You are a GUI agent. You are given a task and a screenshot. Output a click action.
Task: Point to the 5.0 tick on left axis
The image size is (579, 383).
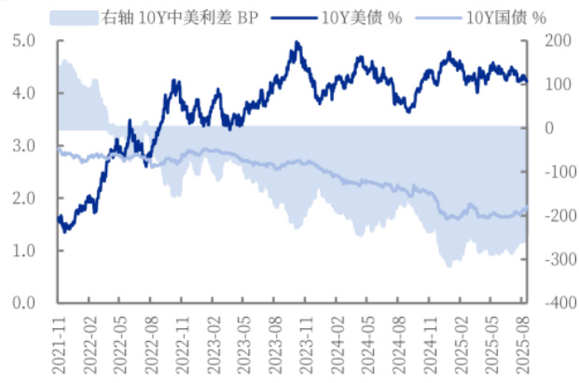coord(24,41)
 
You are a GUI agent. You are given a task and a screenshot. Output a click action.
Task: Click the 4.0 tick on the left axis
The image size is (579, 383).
coord(24,93)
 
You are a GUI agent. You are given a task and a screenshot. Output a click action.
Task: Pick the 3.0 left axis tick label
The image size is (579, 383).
coord(24,146)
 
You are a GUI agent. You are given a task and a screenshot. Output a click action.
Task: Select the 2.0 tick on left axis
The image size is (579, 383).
coord(24,198)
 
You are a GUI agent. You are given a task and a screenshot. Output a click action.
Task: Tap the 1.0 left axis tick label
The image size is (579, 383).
coord(24,251)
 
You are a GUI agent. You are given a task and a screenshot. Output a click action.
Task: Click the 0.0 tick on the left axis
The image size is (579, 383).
coord(24,303)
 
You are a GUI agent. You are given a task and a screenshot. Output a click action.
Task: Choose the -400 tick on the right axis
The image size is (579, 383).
coord(554,303)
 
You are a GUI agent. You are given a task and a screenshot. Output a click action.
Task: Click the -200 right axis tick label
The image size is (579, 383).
coord(554,215)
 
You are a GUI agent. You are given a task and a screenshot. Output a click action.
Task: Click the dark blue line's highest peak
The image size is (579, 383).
coord(296,42)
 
